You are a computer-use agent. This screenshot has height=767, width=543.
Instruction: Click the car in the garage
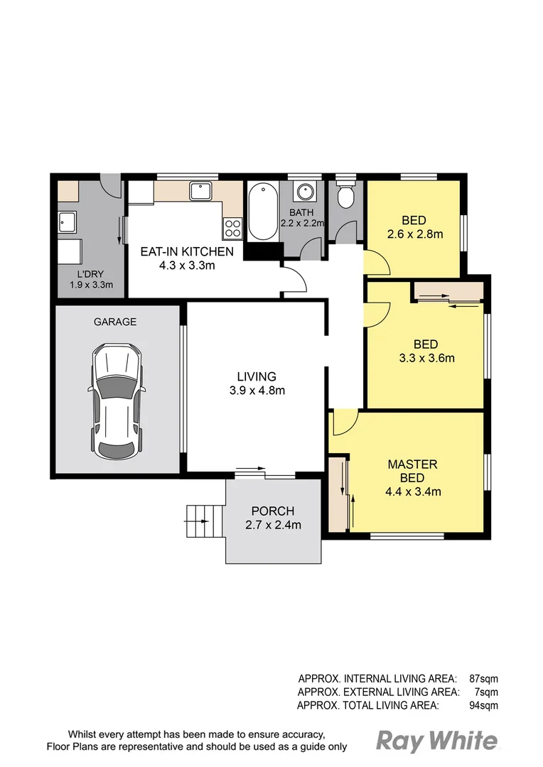point(116,401)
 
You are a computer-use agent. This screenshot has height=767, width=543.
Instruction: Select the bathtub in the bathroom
point(262,212)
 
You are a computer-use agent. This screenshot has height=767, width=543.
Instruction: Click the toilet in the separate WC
point(347,195)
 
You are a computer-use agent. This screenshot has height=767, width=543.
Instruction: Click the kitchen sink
point(199,191)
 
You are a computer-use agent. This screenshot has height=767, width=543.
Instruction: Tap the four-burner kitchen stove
point(233,227)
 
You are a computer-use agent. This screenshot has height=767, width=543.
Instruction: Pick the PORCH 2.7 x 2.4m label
point(272,518)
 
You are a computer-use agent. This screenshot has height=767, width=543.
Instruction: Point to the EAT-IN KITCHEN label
point(187,259)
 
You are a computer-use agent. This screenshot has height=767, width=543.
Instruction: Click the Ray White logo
point(436,741)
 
